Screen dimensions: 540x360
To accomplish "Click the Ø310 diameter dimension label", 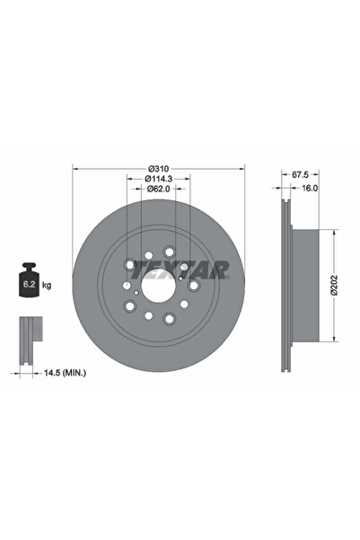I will click(159, 169).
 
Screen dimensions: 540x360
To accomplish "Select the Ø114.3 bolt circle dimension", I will click(159, 180).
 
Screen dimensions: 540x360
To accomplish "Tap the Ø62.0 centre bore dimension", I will click(159, 190).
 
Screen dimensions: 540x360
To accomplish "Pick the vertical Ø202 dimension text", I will click(334, 287).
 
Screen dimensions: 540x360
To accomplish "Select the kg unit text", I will click(47, 285).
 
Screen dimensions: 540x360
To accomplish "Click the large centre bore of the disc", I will click(159, 287).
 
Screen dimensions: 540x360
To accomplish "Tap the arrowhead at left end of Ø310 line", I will click(75, 169).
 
